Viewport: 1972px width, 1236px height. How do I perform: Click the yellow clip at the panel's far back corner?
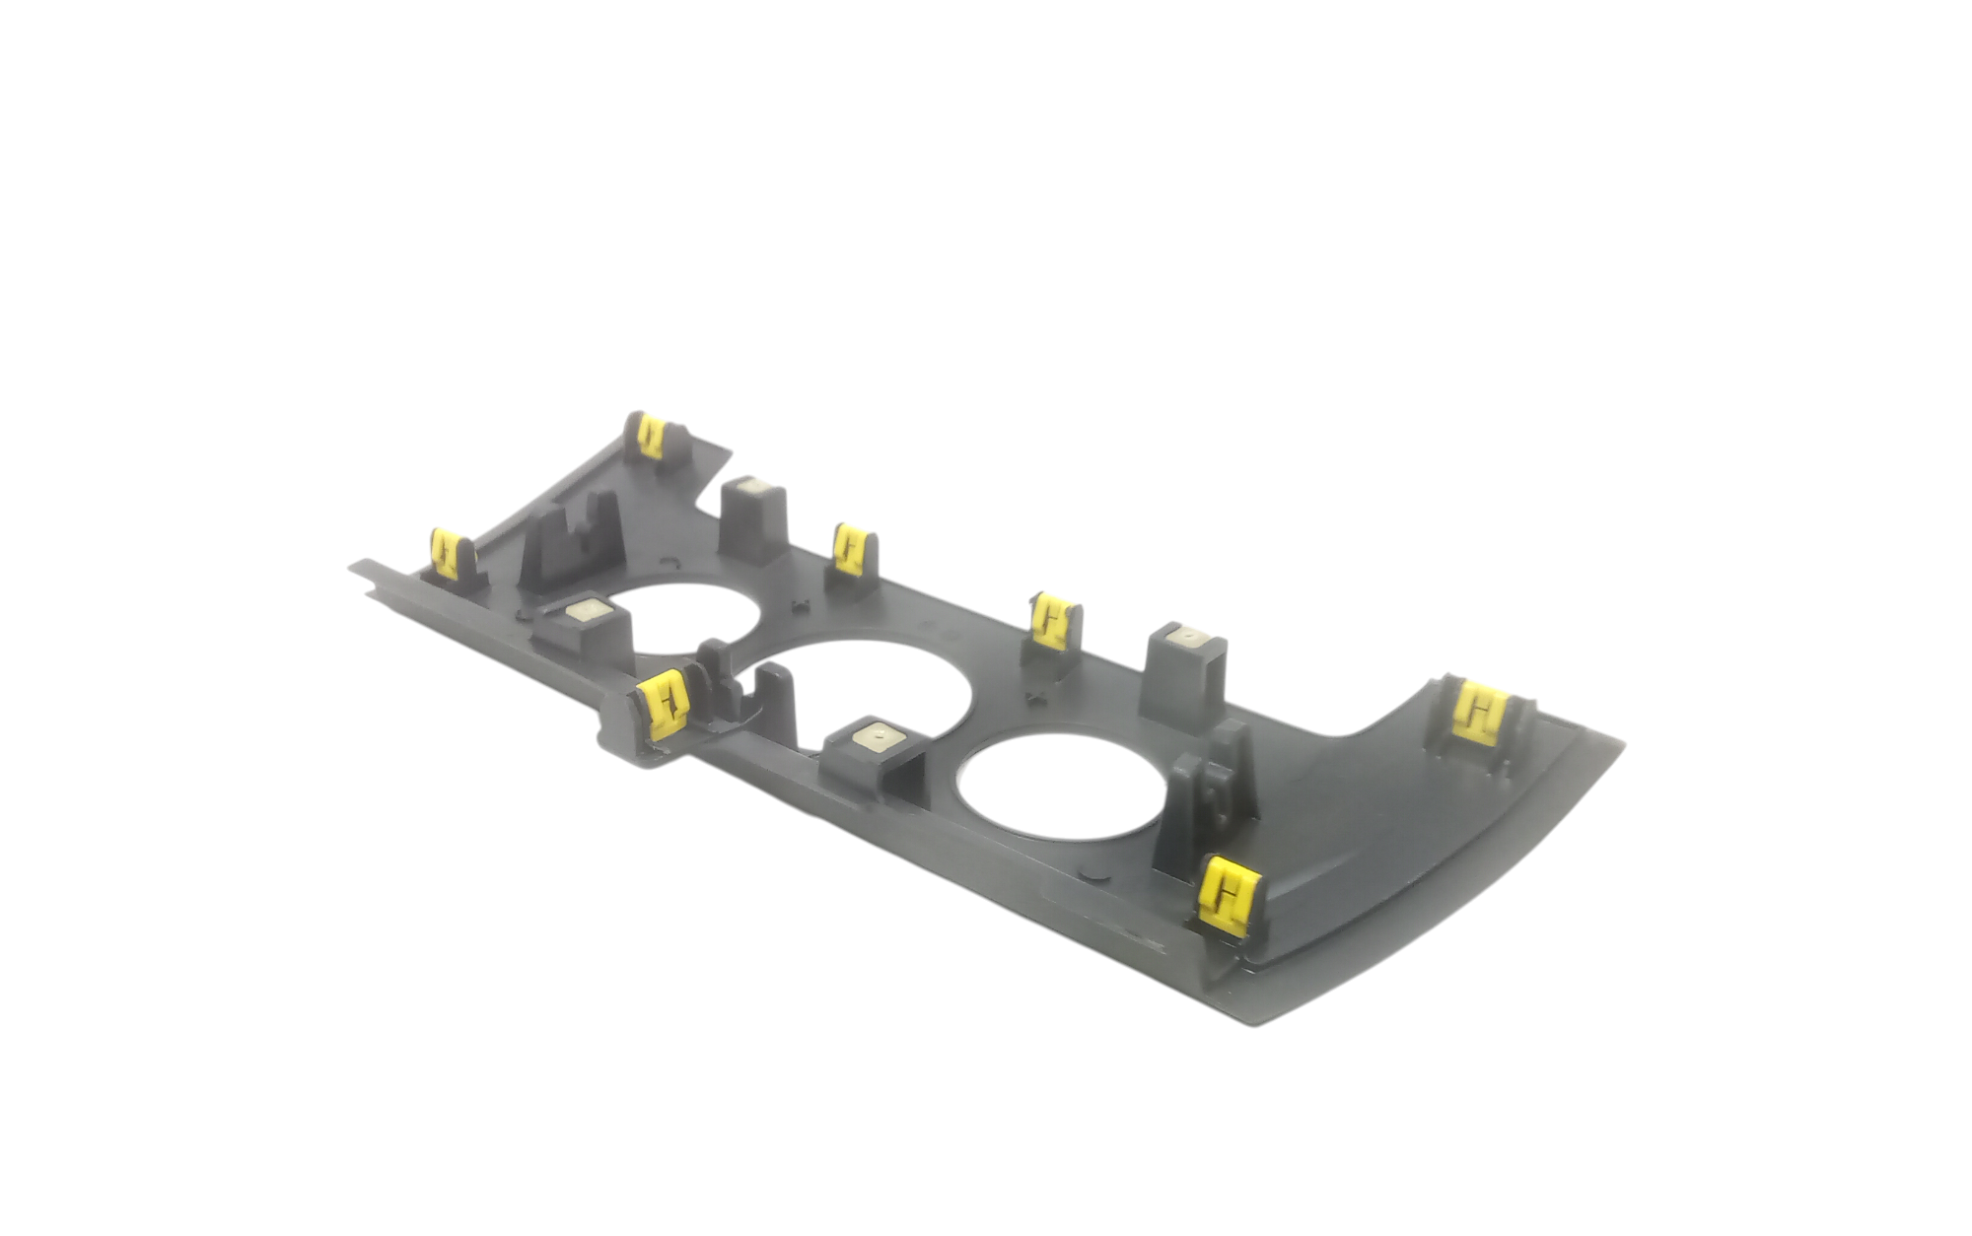point(650,436)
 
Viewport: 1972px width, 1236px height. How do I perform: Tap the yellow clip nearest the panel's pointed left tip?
point(446,554)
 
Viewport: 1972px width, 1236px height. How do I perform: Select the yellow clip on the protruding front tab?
point(665,703)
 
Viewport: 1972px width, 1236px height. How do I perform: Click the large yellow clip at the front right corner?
point(1227,895)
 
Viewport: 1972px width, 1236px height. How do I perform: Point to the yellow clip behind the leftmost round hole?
point(851,549)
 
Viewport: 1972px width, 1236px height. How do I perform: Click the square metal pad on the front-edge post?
point(877,735)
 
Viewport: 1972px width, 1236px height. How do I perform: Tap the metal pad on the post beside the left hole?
point(588,611)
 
